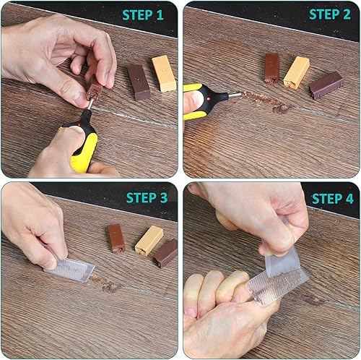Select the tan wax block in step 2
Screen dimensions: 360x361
(296, 72)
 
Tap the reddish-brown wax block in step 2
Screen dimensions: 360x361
(271, 67)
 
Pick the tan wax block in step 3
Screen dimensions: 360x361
(149, 241)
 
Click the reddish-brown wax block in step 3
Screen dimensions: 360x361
(116, 237)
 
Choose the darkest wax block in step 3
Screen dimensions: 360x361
(165, 252)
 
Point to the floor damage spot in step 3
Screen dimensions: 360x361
(110, 287)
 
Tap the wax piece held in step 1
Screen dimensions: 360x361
(95, 90)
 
